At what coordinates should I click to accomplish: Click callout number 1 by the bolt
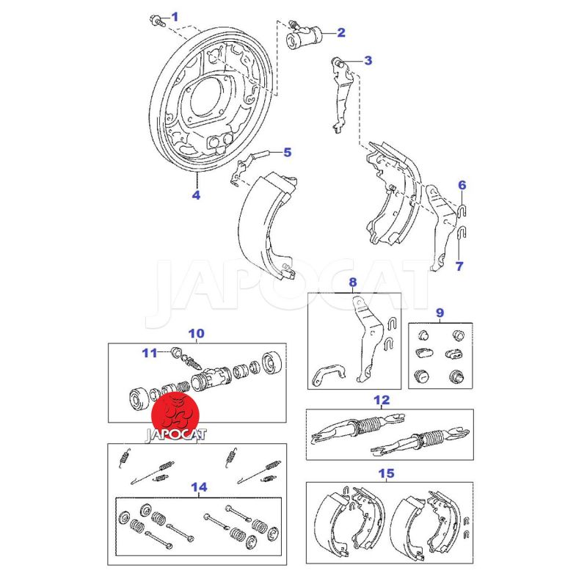pyautogui.click(x=174, y=16)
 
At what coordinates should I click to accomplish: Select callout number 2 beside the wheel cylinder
pyautogui.click(x=340, y=32)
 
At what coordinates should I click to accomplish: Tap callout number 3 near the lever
pyautogui.click(x=368, y=61)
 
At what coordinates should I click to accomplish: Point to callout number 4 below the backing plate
pyautogui.click(x=196, y=194)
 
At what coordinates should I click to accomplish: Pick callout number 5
pyautogui.click(x=287, y=153)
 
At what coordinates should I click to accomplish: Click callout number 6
pyautogui.click(x=462, y=185)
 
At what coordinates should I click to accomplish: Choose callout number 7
pyautogui.click(x=459, y=266)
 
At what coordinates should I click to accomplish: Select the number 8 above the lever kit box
pyautogui.click(x=352, y=282)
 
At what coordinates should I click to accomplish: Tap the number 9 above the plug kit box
pyautogui.click(x=440, y=313)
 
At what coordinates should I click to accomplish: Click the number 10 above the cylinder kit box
pyautogui.click(x=196, y=333)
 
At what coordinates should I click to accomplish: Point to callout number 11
pyautogui.click(x=150, y=353)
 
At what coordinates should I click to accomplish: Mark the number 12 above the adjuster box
pyautogui.click(x=381, y=400)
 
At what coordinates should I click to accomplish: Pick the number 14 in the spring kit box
pyautogui.click(x=199, y=486)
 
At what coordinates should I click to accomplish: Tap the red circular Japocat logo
pyautogui.click(x=175, y=415)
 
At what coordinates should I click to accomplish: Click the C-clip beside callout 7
pyautogui.click(x=461, y=234)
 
